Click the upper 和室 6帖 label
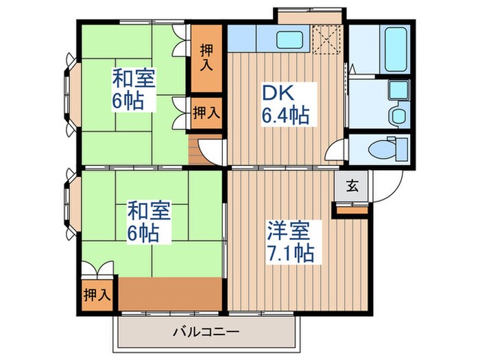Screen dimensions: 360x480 pyautogui.click(x=134, y=90)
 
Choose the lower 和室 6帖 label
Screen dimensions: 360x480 pyautogui.click(x=147, y=221)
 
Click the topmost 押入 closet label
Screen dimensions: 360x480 pyautogui.click(x=206, y=58)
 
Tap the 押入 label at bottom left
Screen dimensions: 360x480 pyautogui.click(x=97, y=295)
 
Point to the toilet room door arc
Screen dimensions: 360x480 pyautogui.click(x=337, y=152)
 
